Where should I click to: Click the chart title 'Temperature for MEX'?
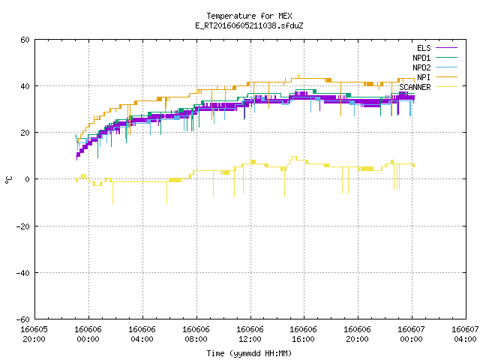click(x=249, y=16)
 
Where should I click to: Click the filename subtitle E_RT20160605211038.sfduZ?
click(x=249, y=25)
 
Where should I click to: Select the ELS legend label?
click(x=424, y=48)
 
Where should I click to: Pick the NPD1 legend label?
click(x=421, y=58)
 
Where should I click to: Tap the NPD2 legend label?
click(x=421, y=67)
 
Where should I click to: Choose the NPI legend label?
click(x=424, y=77)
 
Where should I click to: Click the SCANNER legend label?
click(x=415, y=87)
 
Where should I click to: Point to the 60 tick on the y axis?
click(x=25, y=40)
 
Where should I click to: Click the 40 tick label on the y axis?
click(x=25, y=86)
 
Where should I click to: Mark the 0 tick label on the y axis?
click(x=28, y=179)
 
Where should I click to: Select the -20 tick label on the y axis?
click(x=23, y=226)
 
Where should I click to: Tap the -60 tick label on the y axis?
click(x=23, y=319)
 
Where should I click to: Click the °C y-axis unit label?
click(x=9, y=180)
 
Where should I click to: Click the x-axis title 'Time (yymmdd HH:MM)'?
click(x=249, y=353)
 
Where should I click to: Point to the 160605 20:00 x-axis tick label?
click(x=34, y=334)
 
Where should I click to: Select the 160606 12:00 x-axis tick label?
click(x=250, y=334)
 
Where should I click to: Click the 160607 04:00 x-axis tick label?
click(x=465, y=334)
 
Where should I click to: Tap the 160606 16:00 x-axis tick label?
click(x=303, y=334)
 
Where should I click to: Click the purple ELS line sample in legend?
click(x=446, y=48)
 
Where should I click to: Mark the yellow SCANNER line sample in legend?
click(x=446, y=87)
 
